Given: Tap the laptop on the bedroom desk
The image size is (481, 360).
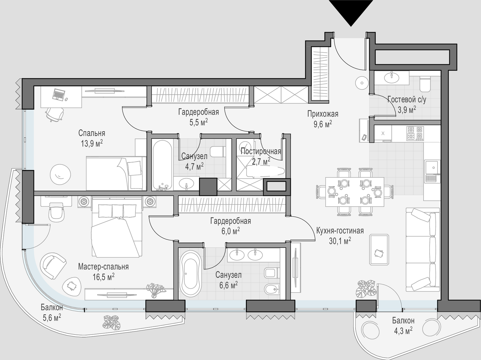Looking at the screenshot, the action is [x=58, y=95].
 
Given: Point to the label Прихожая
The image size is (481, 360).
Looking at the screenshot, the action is [x=323, y=114].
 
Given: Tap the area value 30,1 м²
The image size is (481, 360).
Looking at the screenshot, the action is [x=340, y=241].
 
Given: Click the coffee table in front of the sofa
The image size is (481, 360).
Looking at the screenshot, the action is [x=379, y=249].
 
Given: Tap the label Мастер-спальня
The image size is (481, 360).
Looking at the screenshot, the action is [x=103, y=267].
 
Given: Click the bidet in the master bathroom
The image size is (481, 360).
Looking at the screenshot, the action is [x=272, y=289].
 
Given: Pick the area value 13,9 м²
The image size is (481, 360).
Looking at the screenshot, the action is [x=92, y=144].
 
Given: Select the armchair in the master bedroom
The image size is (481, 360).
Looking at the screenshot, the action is [x=53, y=266].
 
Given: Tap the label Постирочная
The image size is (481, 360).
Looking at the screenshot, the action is [x=261, y=151].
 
